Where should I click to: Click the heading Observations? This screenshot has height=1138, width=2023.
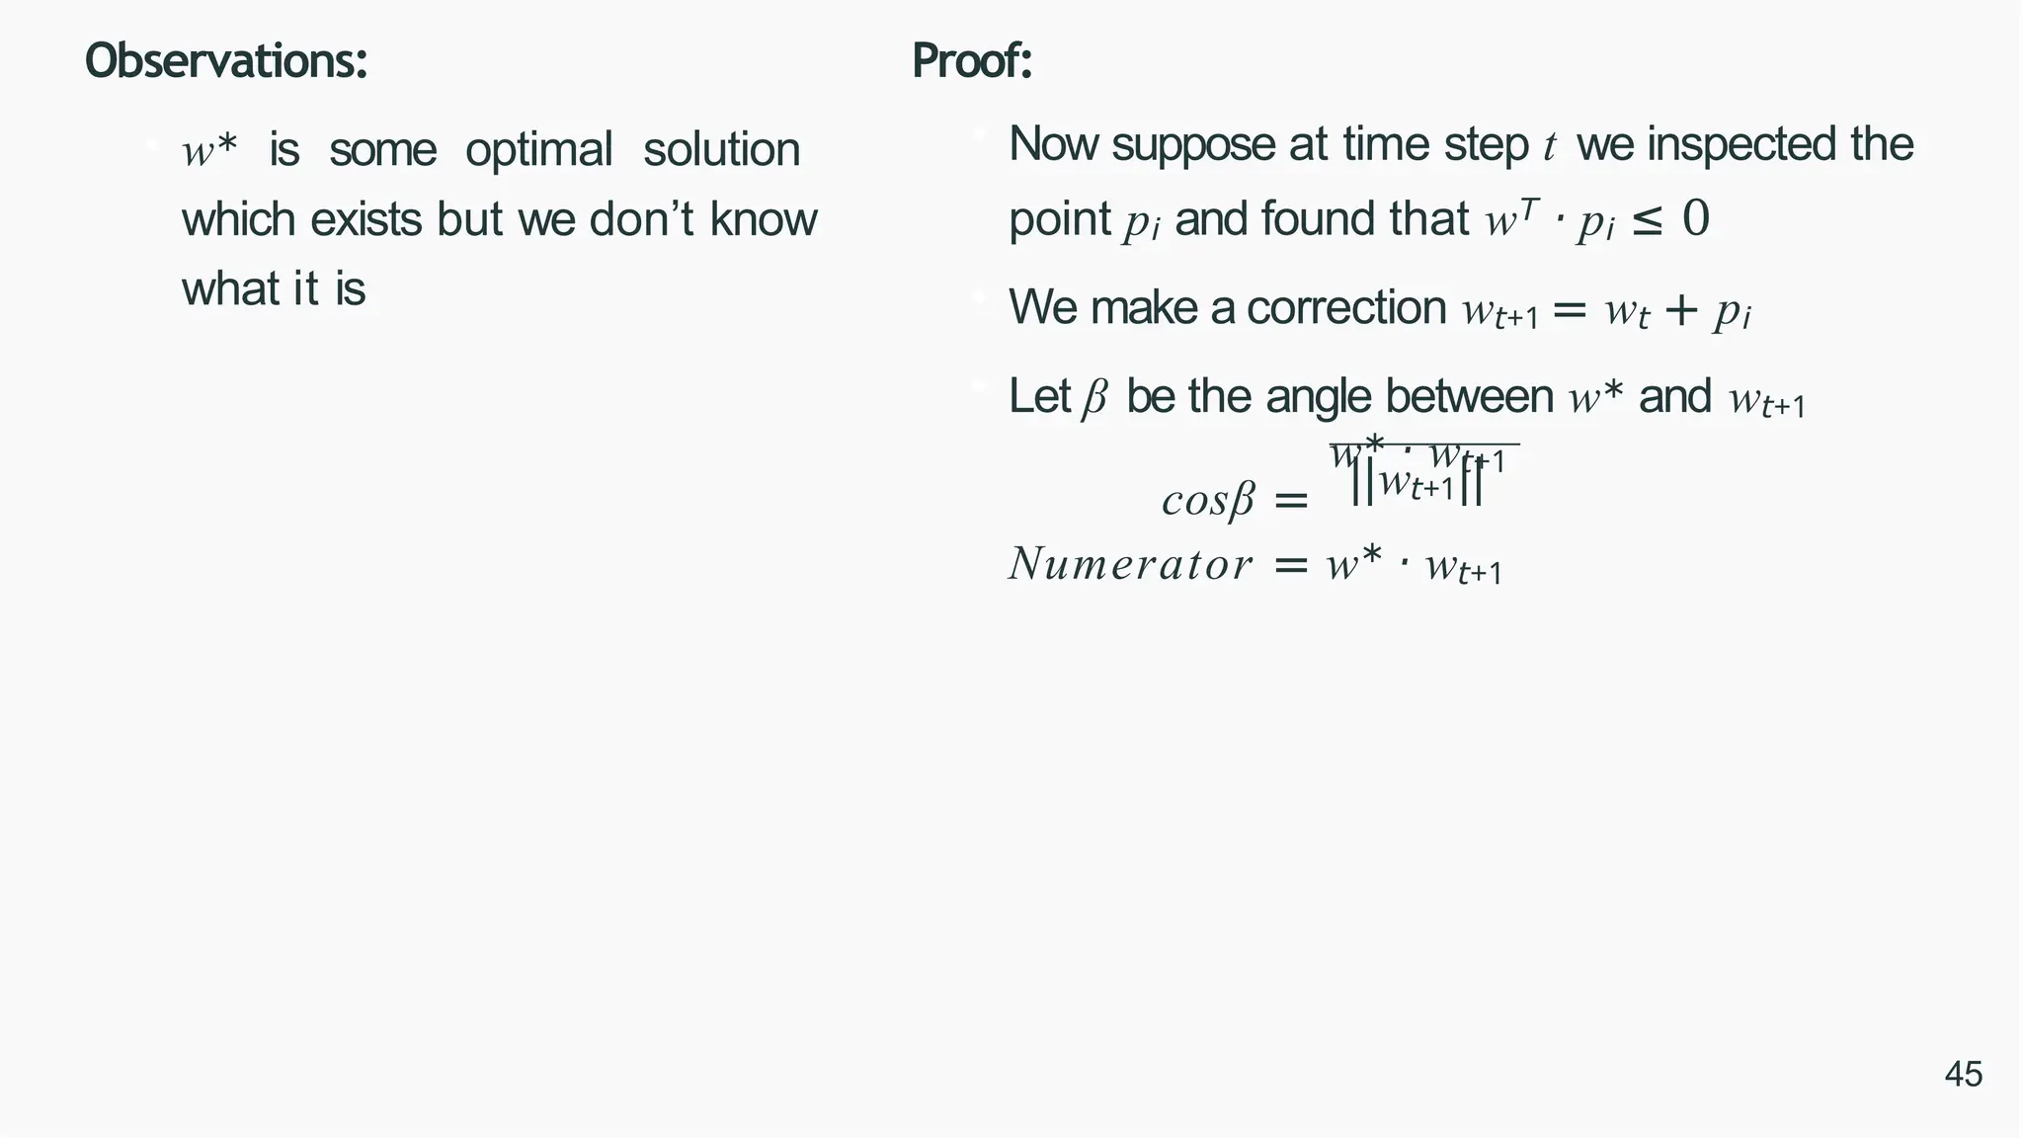pos(226,61)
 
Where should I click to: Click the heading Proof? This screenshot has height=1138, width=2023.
pos(972,61)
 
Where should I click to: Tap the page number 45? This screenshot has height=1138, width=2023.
pos(1963,1074)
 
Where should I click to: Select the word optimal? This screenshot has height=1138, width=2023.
pos(539,151)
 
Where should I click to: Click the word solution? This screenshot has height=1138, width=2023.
pos(721,151)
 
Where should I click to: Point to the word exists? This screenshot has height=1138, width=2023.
pos(366,219)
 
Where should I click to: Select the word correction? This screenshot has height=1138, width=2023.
pos(1346,307)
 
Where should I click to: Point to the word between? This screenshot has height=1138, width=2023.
pos(1469,397)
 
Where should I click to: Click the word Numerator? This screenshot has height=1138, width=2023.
pos(1130,564)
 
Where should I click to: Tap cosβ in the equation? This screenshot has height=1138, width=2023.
pos(1207,500)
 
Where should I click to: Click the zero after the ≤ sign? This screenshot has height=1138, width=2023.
pos(1695,219)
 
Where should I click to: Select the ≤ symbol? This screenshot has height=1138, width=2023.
pos(1647,220)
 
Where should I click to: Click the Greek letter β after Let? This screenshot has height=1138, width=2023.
pos(1094,399)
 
